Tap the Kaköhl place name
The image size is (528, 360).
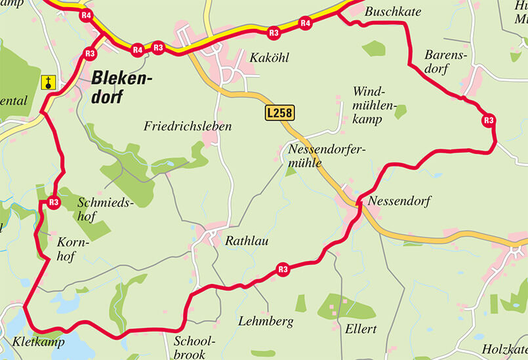(268, 58)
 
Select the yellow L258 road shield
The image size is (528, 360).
(279, 113)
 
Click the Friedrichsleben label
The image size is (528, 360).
(188, 126)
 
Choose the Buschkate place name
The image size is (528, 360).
(393, 12)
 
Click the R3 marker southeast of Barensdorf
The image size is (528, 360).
(488, 120)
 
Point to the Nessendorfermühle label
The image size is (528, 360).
(326, 155)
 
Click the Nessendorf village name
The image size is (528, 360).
(399, 201)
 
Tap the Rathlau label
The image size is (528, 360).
(247, 241)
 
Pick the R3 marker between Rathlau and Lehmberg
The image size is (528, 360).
(283, 269)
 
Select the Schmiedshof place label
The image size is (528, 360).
(106, 209)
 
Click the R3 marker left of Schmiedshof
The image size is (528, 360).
(54, 203)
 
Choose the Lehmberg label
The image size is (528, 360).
(266, 321)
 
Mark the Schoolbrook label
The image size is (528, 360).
(194, 348)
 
